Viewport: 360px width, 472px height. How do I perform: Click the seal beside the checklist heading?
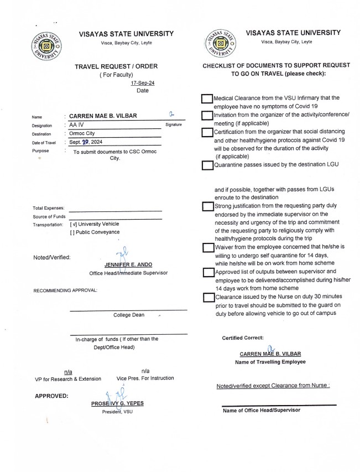(x=219, y=43)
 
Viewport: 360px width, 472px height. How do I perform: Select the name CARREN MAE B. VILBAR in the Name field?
(x=103, y=116)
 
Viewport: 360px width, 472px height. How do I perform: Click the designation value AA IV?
(x=77, y=125)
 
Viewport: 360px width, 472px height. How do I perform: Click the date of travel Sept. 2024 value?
(x=87, y=143)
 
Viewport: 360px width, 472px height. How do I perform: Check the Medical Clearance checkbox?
(x=207, y=98)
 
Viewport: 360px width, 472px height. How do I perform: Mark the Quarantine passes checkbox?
(x=207, y=165)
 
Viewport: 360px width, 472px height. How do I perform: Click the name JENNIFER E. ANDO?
(x=123, y=265)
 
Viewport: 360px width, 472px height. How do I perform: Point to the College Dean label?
(x=129, y=315)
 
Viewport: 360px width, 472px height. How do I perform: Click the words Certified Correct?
(x=243, y=338)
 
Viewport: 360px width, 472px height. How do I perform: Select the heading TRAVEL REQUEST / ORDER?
(x=116, y=66)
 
